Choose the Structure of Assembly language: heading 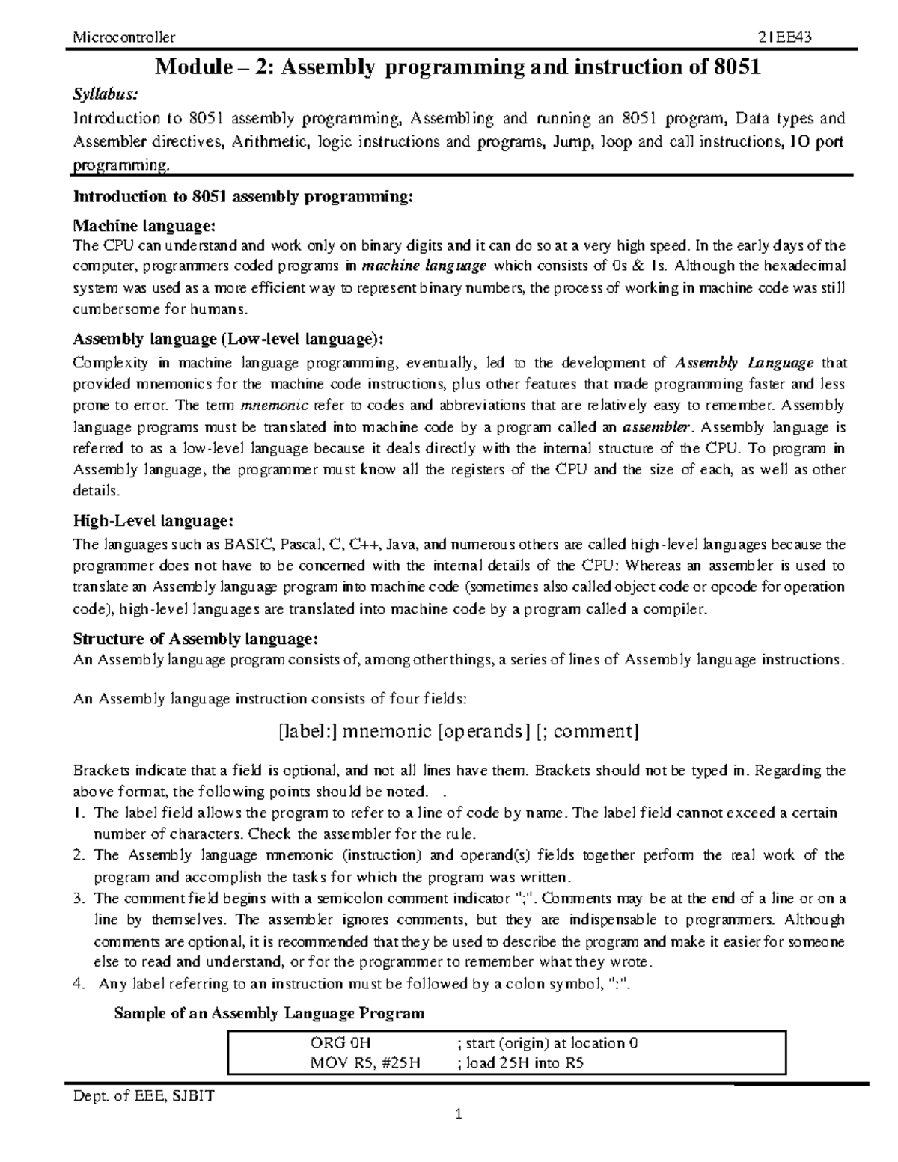point(195,639)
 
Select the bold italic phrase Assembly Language point(744,364)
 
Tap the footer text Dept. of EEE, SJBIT point(143,1097)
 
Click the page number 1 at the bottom point(459,1136)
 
